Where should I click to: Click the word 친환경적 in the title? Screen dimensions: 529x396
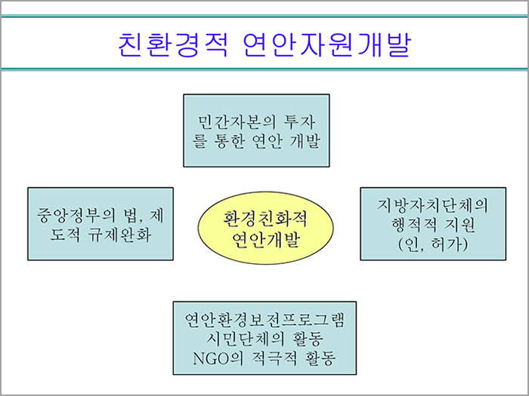[173, 45]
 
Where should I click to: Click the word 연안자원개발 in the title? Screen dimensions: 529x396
[327, 45]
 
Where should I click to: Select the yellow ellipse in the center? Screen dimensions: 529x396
[265, 228]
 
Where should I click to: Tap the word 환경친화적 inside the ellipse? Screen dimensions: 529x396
[265, 219]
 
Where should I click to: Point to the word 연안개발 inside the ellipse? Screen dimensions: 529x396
[266, 240]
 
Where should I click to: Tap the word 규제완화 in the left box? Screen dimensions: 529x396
[119, 235]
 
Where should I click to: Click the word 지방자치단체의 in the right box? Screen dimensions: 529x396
[432, 205]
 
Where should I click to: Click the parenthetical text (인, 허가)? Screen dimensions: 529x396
[433, 244]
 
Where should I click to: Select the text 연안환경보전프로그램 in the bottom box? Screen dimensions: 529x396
[264, 320]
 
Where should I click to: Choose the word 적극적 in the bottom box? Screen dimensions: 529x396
[274, 358]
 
